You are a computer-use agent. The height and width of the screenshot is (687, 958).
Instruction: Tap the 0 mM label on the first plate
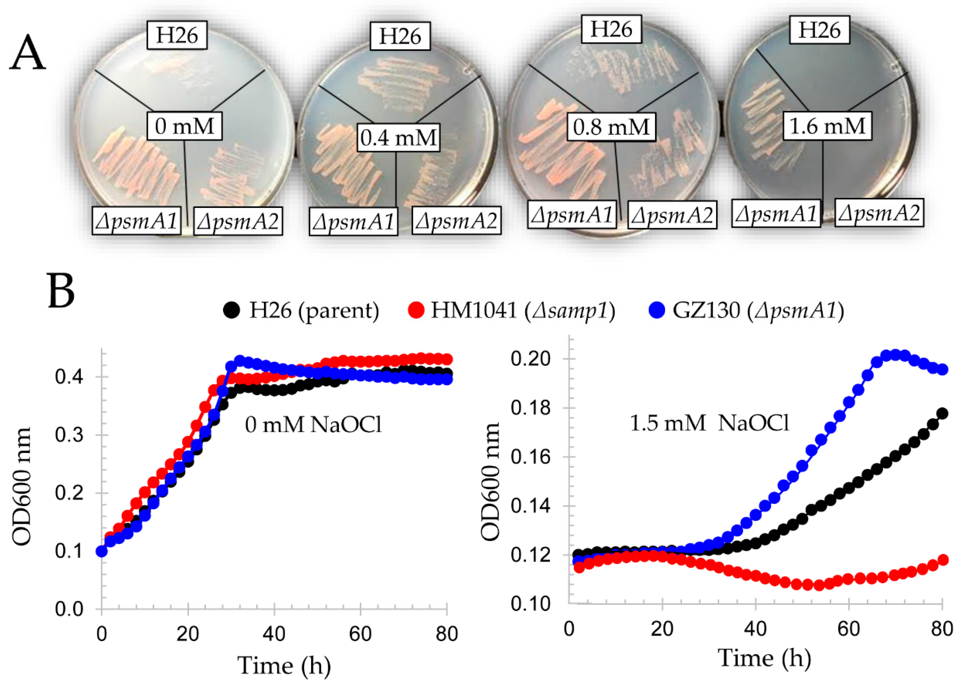click(x=185, y=126)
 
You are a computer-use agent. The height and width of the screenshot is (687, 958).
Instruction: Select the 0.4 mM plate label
click(x=398, y=138)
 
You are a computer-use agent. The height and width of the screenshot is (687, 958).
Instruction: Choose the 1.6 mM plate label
click(x=827, y=126)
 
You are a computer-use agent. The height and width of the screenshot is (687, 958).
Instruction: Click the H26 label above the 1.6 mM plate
click(x=819, y=30)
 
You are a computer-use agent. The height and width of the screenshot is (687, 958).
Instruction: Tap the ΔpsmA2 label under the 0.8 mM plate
click(x=672, y=215)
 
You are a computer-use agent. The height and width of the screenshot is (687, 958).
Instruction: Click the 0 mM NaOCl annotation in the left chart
click(x=313, y=425)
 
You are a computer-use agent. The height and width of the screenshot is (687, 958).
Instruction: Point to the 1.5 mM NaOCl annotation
click(x=709, y=422)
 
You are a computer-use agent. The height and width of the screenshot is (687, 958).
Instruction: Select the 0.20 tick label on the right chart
click(x=531, y=359)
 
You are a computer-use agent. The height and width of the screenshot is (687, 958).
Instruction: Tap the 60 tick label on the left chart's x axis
click(x=360, y=634)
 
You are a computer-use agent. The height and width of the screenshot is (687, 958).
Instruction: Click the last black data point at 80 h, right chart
click(x=942, y=413)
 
